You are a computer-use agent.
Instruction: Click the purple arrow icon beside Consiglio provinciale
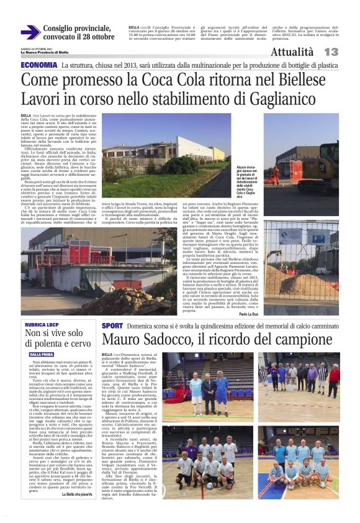point(30,32)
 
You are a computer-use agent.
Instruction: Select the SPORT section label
point(112,325)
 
